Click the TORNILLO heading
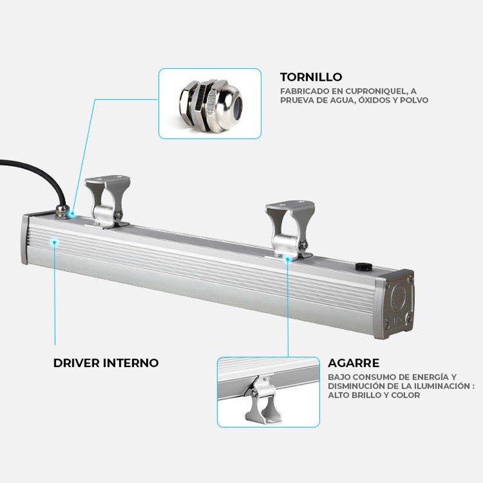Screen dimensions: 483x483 click(x=311, y=77)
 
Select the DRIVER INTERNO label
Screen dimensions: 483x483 click(x=106, y=363)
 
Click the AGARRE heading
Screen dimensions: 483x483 click(x=353, y=363)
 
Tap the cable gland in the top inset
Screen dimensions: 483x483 click(x=211, y=104)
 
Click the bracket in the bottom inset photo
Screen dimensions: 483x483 click(x=262, y=400)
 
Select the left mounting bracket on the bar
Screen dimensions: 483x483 click(x=108, y=201)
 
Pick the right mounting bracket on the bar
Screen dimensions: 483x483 click(x=290, y=228)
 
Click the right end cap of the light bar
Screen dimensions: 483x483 click(x=394, y=304)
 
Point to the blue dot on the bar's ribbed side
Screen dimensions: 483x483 click(x=54, y=243)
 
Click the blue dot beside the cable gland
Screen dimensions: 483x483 click(x=72, y=213)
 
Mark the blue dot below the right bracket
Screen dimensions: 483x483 click(x=288, y=260)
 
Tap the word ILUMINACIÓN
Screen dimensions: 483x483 click(x=440, y=386)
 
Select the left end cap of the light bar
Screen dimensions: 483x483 click(x=25, y=240)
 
